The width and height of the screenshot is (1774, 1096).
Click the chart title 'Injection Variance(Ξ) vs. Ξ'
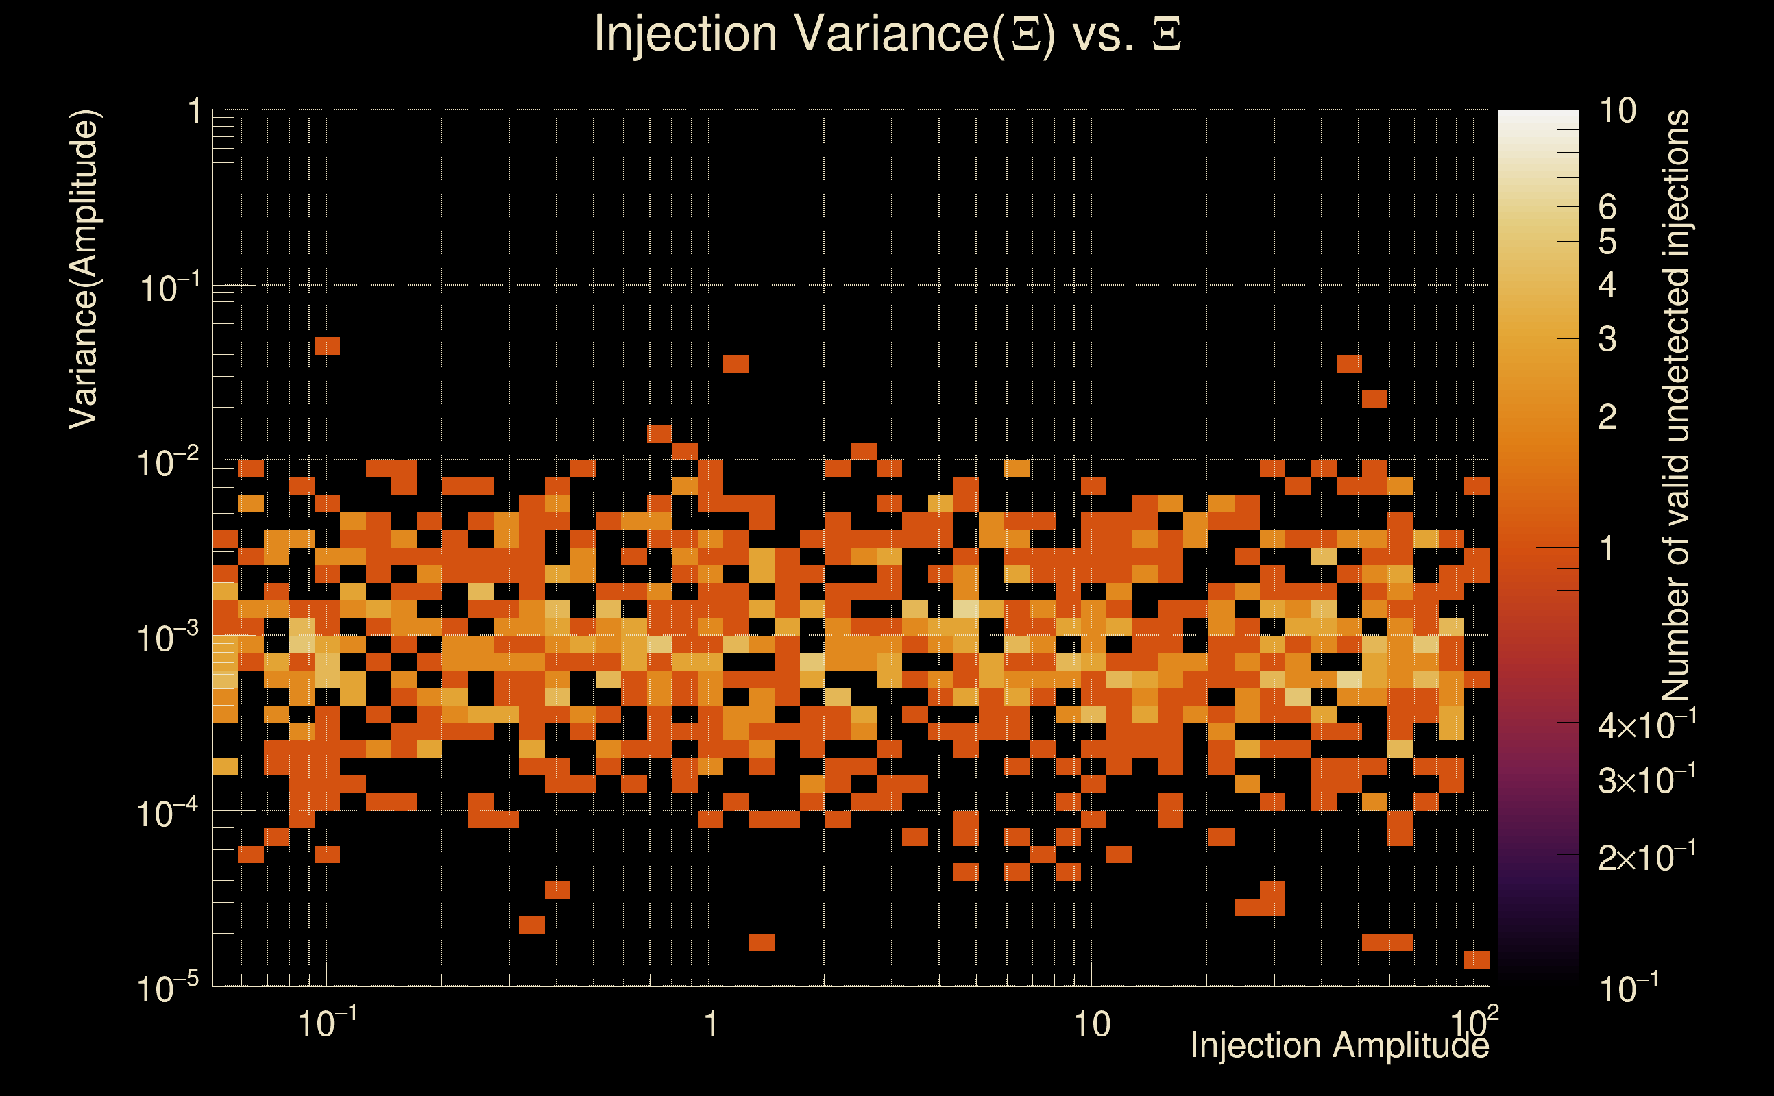887,34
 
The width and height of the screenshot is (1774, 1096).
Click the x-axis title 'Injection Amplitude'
1339,1045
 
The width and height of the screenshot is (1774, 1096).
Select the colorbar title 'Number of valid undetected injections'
1676,406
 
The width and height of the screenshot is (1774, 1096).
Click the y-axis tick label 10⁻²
167,462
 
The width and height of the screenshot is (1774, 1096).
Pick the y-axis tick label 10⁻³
167,638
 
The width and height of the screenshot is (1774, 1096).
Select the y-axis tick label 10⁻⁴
167,813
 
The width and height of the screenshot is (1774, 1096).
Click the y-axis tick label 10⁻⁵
167,988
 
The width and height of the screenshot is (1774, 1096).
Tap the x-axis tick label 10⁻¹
327,1023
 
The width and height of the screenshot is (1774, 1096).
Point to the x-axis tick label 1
710,1024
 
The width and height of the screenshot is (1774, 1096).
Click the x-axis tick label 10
1091,1024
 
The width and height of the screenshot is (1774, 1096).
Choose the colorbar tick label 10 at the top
1617,111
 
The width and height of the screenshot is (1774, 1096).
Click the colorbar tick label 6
1607,208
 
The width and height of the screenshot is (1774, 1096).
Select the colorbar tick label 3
1607,339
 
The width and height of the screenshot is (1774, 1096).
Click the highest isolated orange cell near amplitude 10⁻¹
327,346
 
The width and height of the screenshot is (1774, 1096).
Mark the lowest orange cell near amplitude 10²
1477,959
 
